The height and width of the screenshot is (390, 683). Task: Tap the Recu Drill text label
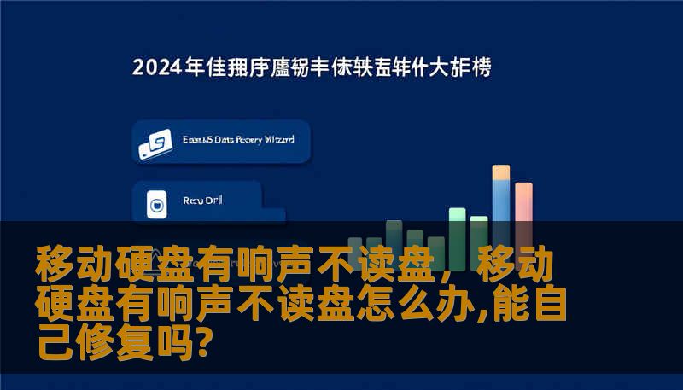[201, 202]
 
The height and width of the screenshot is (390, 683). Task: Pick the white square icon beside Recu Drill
[157, 205]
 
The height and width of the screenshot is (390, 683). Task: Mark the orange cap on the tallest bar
[501, 172]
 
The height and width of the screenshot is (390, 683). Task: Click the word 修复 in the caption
[124, 343]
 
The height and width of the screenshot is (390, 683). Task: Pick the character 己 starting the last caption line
[53, 343]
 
